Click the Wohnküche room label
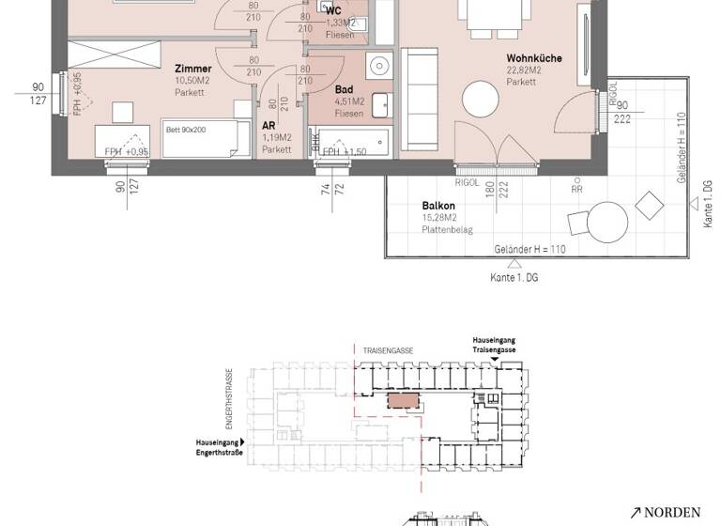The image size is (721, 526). [x=534, y=58]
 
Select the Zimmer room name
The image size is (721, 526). [x=193, y=69]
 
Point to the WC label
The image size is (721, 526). [x=333, y=11]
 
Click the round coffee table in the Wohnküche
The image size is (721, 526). [x=483, y=100]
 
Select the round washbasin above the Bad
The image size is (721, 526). [x=379, y=66]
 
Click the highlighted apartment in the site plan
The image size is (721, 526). [x=405, y=400]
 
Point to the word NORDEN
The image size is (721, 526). [x=672, y=512]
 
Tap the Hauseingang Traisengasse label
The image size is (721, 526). [x=494, y=345]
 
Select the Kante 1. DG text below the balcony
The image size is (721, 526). [x=514, y=278]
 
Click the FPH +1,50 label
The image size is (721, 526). [x=344, y=151]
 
